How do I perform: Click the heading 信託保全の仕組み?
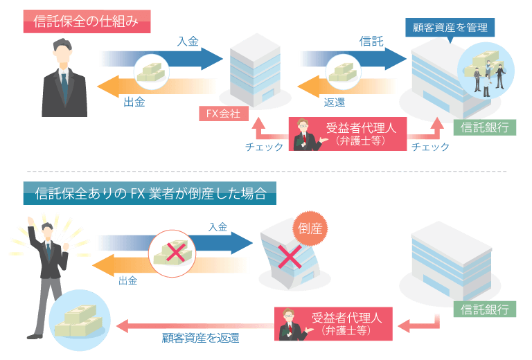tap(86, 21)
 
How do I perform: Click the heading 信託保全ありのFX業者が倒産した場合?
tap(150, 192)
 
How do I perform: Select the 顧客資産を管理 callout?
tap(450, 28)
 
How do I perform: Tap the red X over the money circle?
tap(175, 253)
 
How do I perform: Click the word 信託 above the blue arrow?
tap(371, 42)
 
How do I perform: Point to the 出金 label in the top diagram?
tap(134, 102)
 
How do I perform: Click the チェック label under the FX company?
tap(264, 147)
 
